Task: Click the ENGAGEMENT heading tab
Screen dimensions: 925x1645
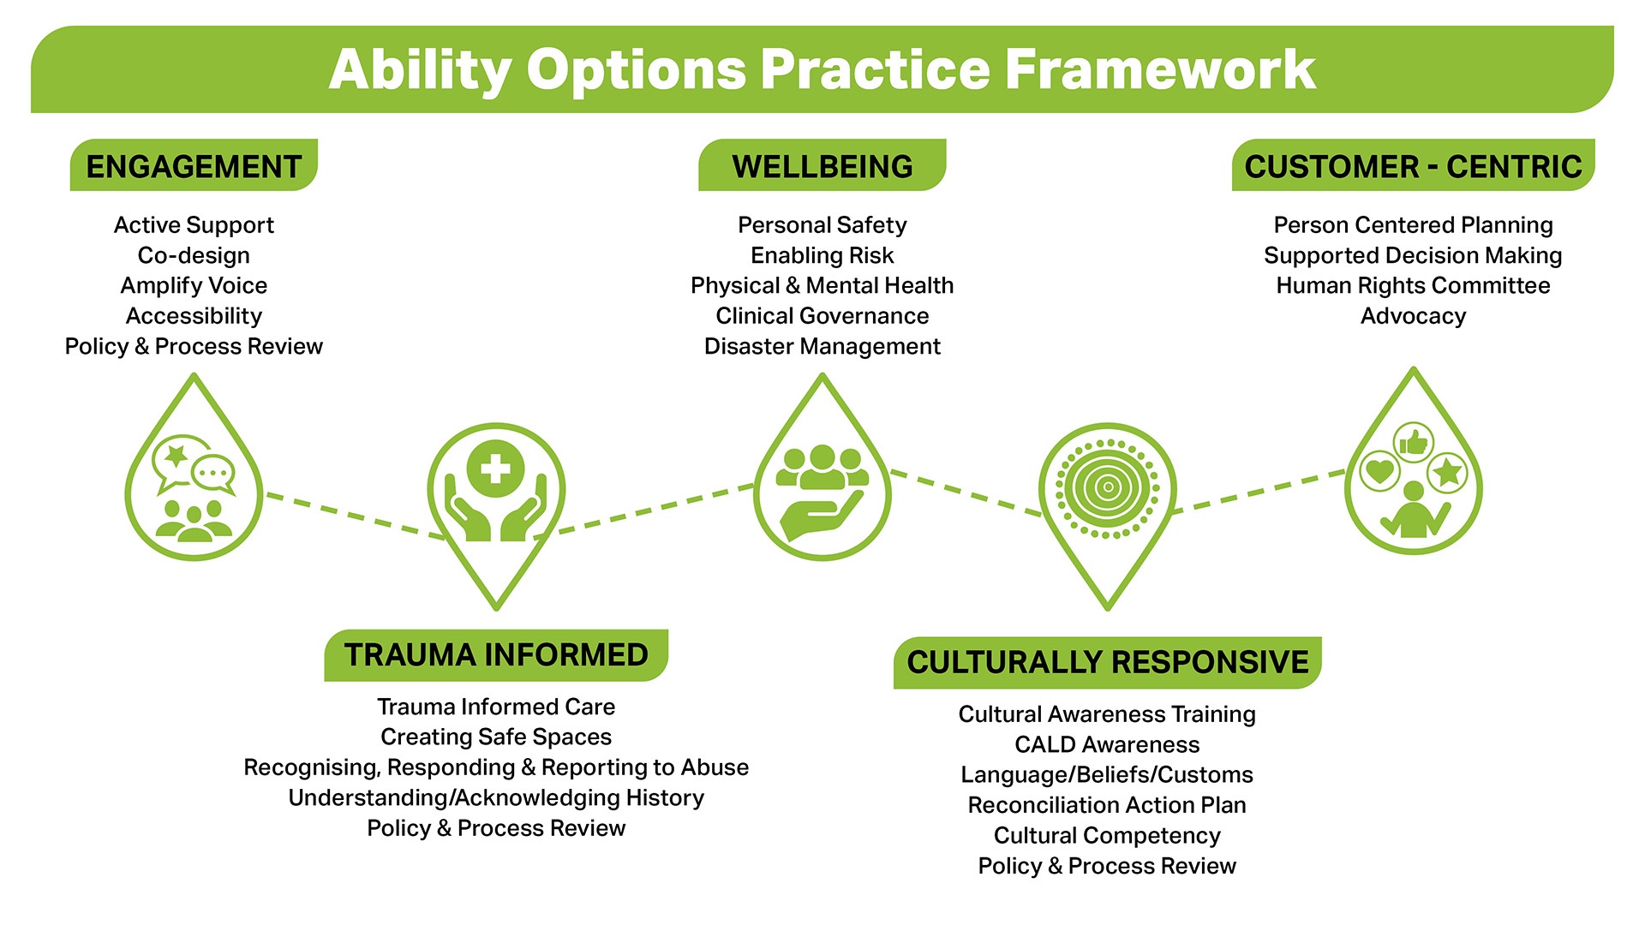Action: tap(194, 165)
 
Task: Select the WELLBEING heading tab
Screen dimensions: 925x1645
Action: tap(822, 165)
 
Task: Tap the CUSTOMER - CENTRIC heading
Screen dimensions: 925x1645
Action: tap(1413, 165)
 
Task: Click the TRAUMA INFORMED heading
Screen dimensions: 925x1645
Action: tap(496, 655)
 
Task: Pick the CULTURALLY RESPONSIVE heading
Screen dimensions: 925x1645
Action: tap(1107, 662)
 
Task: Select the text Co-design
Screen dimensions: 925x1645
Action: tap(194, 255)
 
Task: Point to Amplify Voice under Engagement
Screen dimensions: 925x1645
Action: tap(194, 285)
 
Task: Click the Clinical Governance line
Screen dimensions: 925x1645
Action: tap(822, 316)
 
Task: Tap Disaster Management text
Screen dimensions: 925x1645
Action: tap(822, 346)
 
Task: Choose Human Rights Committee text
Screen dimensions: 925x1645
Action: tap(1413, 285)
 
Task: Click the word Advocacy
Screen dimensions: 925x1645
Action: tap(1413, 316)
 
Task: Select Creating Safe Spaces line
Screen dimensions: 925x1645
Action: tap(496, 737)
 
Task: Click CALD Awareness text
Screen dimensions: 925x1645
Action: tap(1107, 744)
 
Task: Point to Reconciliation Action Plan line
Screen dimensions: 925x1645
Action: tap(1107, 805)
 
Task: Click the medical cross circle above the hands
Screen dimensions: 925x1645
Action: tap(495, 468)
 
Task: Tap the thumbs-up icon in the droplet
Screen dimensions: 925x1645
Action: tap(1413, 443)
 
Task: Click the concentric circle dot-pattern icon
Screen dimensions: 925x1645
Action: tap(1107, 488)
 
